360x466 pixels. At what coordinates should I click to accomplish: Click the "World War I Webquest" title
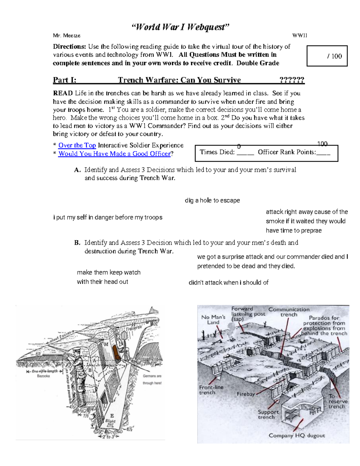[x=180, y=27]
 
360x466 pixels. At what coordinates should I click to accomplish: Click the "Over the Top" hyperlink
[x=77, y=146]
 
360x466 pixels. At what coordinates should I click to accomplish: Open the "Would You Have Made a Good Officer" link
[x=114, y=154]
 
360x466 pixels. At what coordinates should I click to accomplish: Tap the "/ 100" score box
[x=327, y=56]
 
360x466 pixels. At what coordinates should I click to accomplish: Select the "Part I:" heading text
[x=64, y=80]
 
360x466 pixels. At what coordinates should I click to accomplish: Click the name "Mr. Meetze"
[x=67, y=36]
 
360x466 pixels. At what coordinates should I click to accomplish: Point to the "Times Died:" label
[x=217, y=152]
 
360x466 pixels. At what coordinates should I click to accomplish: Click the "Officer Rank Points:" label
[x=287, y=152]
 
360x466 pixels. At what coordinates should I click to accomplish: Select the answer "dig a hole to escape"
[x=212, y=200]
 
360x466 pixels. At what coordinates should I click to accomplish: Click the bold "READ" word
[x=63, y=93]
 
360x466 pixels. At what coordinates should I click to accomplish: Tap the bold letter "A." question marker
[x=77, y=170]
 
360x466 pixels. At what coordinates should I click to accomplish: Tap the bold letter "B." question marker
[x=77, y=243]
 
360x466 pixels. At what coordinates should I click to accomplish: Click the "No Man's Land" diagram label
[x=213, y=320]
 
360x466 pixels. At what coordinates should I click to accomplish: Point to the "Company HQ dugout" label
[x=296, y=436]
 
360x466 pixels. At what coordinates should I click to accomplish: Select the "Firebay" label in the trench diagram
[x=246, y=394]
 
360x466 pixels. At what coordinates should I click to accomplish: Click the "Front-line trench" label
[x=211, y=390]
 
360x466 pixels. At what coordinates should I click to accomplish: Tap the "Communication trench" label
[x=289, y=312]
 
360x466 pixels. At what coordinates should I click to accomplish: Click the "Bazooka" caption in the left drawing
[x=43, y=376]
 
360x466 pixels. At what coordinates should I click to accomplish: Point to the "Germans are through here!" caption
[x=152, y=380]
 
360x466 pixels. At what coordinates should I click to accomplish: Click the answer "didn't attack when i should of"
[x=228, y=283]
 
